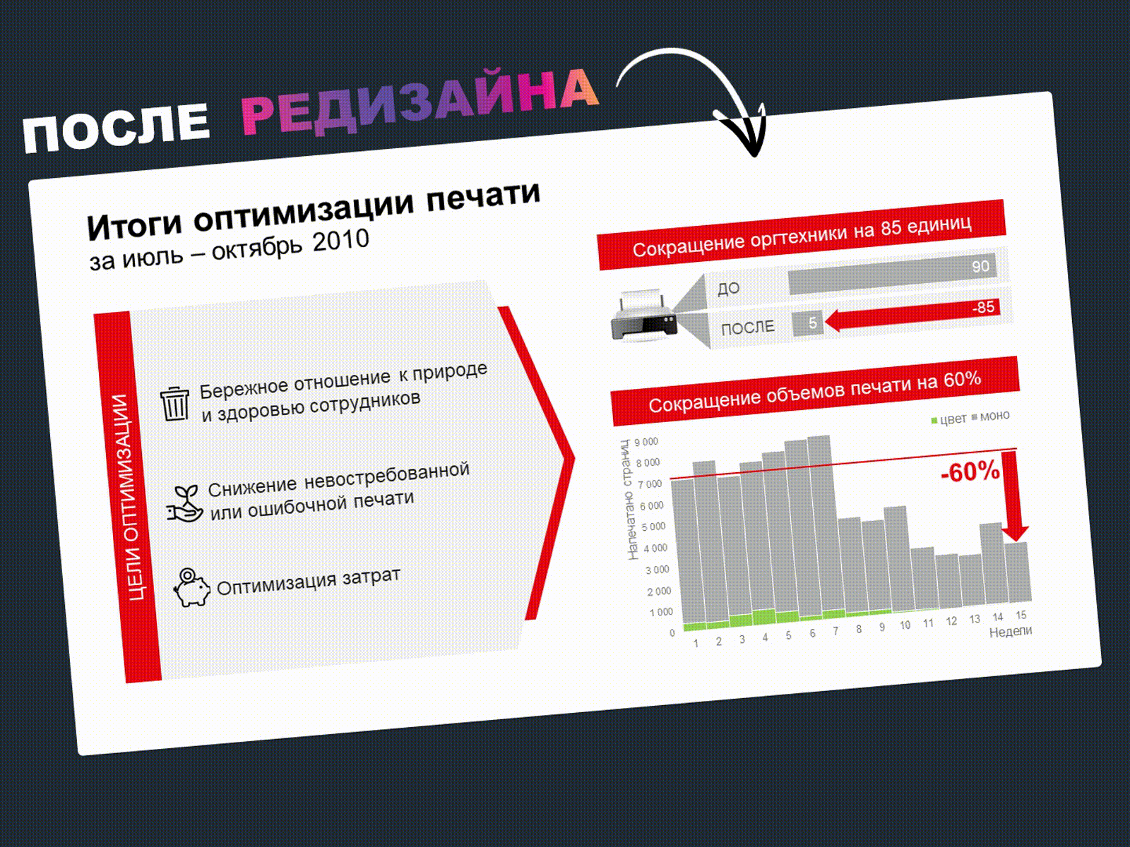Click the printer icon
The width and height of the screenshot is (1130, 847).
(643, 315)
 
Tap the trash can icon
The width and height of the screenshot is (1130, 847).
(174, 404)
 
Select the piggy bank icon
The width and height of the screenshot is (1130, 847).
(191, 587)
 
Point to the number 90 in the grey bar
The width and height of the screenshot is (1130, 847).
(980, 266)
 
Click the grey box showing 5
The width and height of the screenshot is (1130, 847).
(808, 323)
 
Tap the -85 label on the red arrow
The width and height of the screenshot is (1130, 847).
(983, 308)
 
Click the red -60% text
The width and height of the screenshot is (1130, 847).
(970, 471)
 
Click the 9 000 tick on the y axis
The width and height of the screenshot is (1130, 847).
(646, 442)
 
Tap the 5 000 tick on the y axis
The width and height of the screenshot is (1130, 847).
(653, 527)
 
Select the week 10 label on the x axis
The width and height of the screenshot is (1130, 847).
(905, 625)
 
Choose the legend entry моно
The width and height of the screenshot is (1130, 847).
(990, 416)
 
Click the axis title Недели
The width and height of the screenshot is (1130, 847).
(1011, 631)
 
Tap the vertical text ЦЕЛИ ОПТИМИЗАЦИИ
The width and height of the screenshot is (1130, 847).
(129, 497)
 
